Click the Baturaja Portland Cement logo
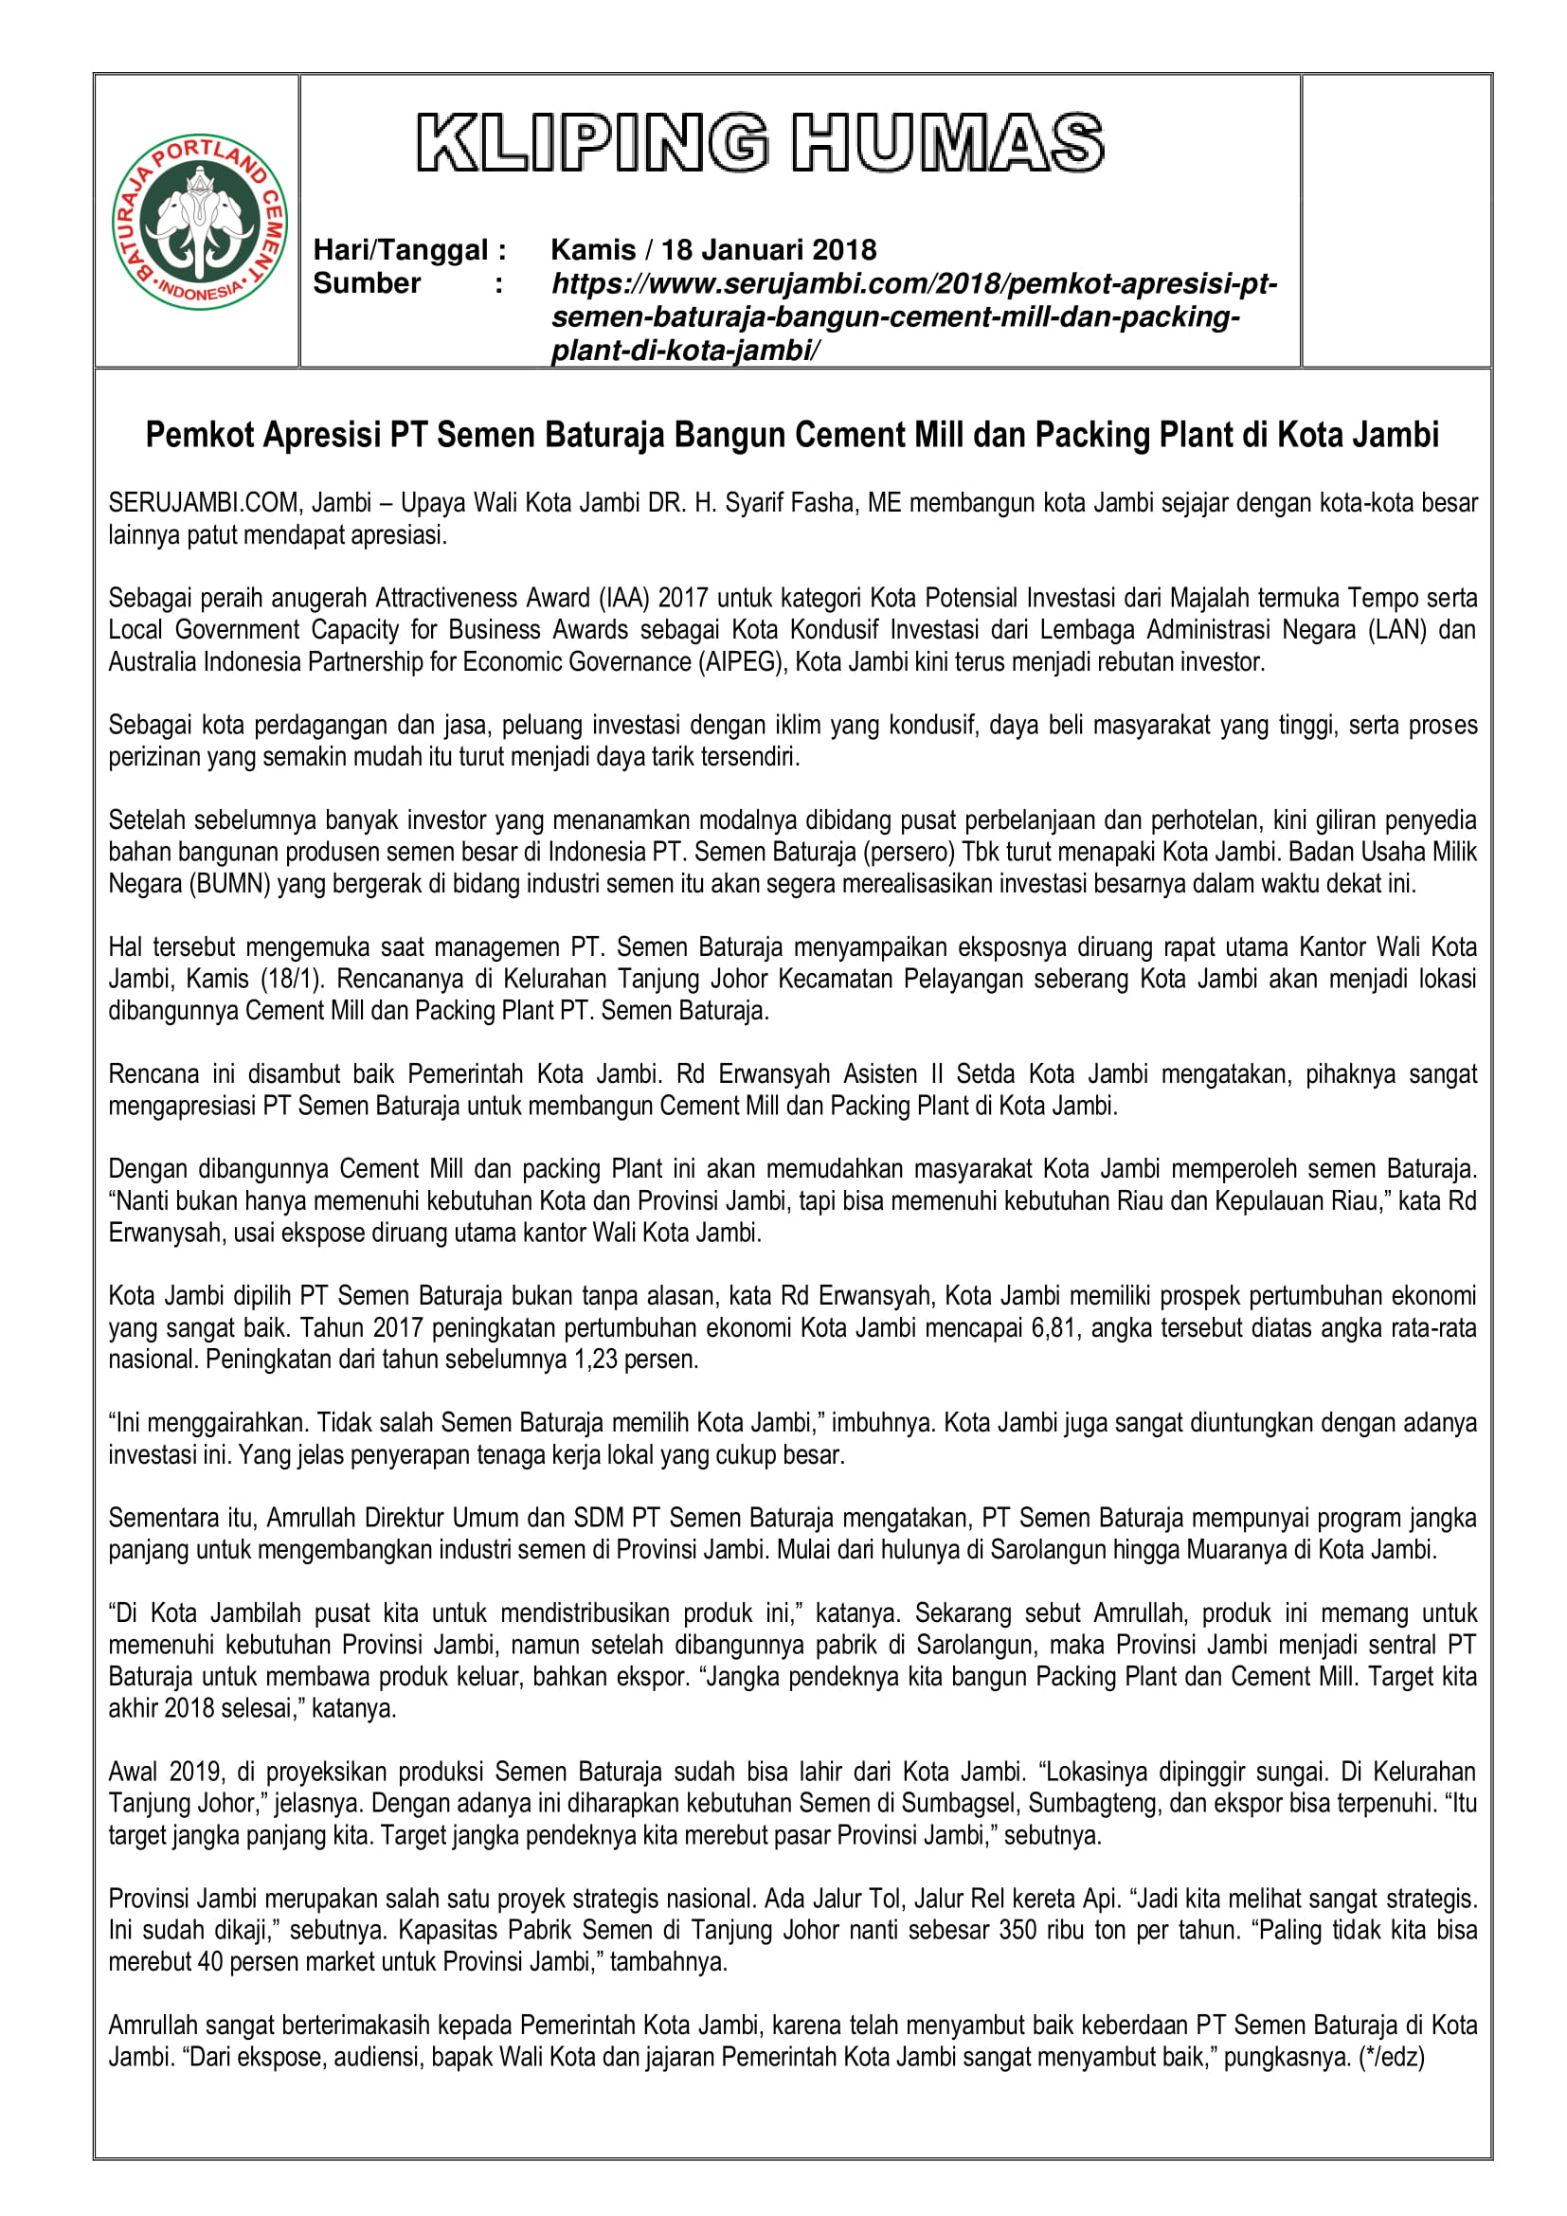(x=201, y=222)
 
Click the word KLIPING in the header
(x=592, y=143)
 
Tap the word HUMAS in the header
(x=946, y=143)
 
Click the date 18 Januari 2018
(x=768, y=250)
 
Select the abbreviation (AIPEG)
(x=739, y=662)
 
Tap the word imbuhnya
(x=883, y=1423)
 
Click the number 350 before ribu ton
(x=1017, y=1930)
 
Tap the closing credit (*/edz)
(x=1391, y=2058)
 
